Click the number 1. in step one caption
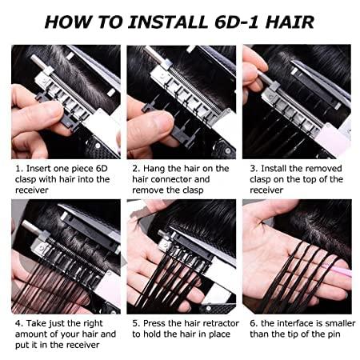click(17, 169)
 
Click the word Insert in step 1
click(37, 169)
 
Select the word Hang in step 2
click(155, 169)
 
